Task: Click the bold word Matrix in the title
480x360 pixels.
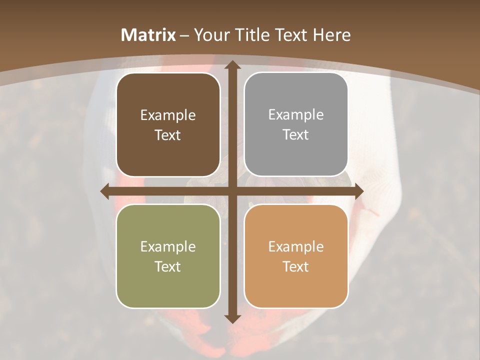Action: tap(148, 35)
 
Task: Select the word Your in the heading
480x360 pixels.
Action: tap(209, 35)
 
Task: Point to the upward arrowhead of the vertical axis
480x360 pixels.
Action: tap(232, 65)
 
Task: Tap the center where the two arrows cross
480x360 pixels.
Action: tap(232, 191)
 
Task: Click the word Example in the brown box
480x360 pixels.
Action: tap(168, 115)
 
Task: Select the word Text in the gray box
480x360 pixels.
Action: tap(296, 134)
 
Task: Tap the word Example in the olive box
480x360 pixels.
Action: tap(168, 247)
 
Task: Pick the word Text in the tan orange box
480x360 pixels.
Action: tap(296, 266)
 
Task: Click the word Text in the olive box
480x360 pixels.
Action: tap(168, 266)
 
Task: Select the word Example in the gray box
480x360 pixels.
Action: tap(296, 115)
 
